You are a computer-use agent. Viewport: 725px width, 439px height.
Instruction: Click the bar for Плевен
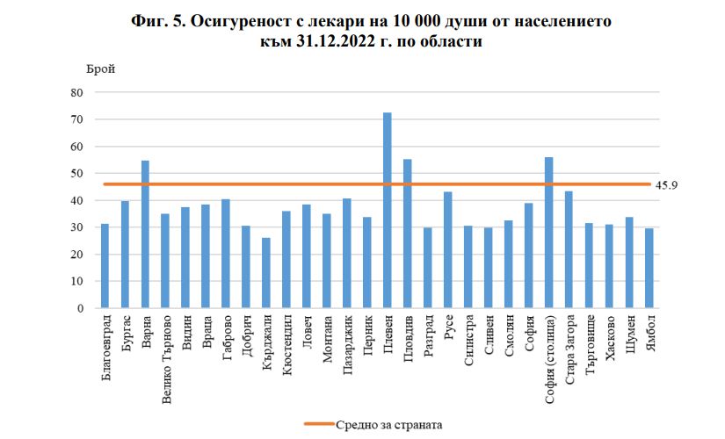pos(388,211)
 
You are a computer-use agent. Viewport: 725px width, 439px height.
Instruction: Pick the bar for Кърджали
pos(266,273)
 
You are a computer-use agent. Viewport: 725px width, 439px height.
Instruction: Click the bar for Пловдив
pos(408,234)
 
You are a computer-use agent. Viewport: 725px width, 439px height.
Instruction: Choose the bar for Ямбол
pos(649,269)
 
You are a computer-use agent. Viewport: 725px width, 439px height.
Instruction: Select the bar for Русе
pos(448,250)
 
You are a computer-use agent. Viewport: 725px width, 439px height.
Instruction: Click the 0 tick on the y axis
pos(80,309)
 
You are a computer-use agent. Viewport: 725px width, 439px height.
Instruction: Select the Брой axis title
pos(99,68)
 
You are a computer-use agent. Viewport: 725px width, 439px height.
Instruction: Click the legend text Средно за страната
pos(388,425)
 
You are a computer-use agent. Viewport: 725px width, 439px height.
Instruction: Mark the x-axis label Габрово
pos(226,339)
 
